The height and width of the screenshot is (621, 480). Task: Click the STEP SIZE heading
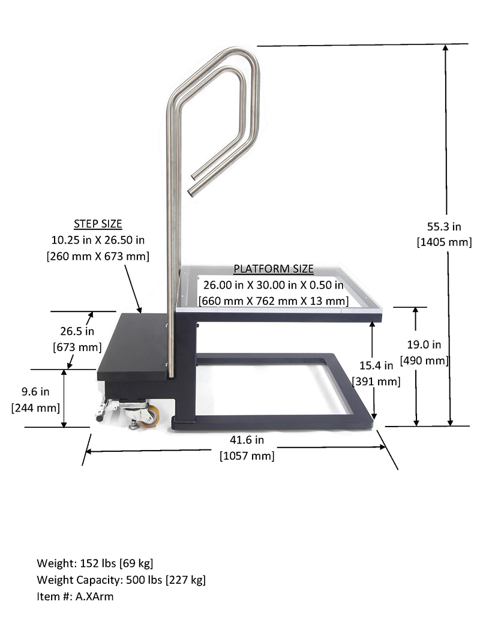tap(98, 224)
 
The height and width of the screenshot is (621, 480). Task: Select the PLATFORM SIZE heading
tap(274, 269)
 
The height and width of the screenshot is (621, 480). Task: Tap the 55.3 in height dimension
tap(444, 227)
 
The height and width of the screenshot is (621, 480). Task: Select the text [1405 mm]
tap(444, 242)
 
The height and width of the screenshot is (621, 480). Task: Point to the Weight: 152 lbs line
tap(95, 563)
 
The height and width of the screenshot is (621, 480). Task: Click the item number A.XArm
tap(93, 597)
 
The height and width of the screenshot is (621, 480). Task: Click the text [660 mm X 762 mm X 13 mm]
tap(274, 300)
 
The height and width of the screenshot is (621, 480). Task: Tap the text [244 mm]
tap(35, 408)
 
